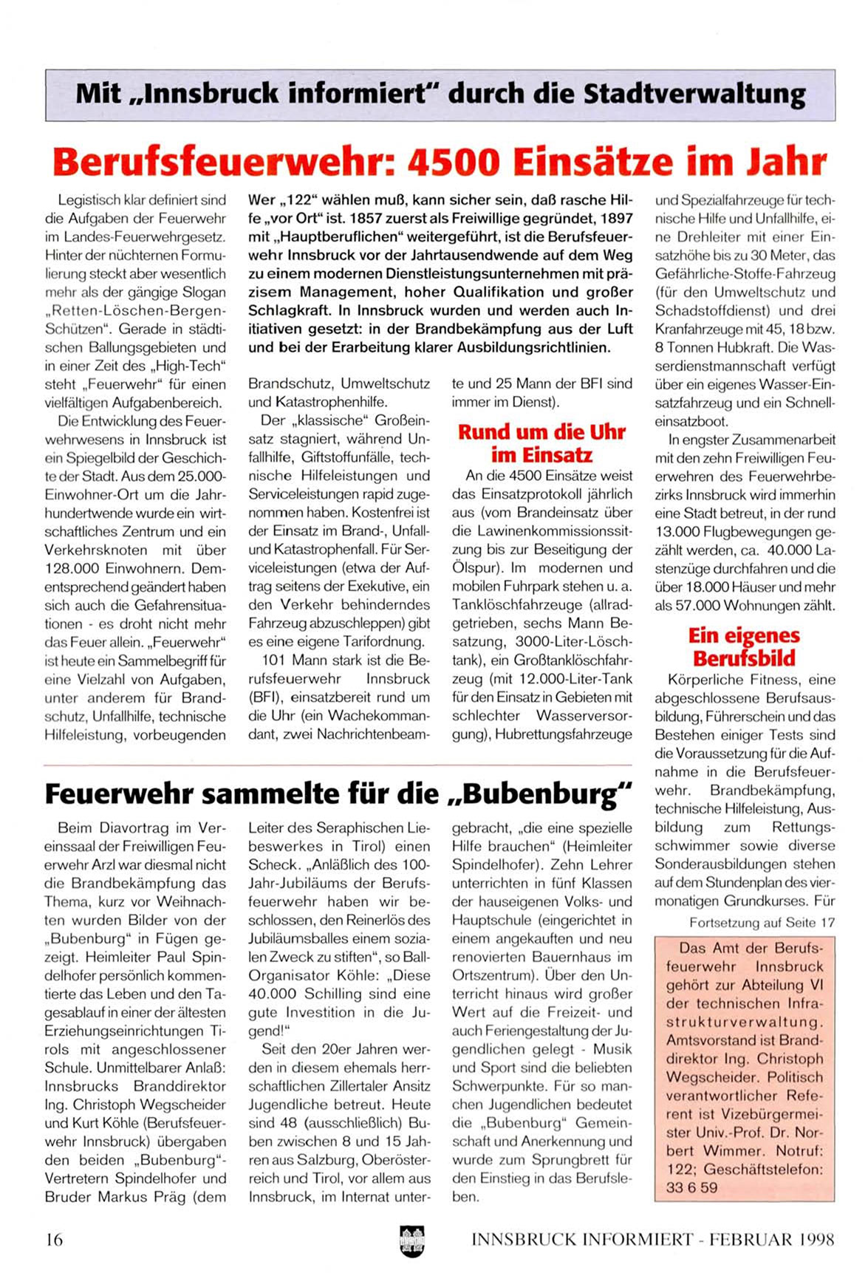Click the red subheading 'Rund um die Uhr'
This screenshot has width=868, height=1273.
click(541, 432)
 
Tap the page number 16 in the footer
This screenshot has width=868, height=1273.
click(54, 1239)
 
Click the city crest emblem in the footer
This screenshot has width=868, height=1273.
click(412, 1238)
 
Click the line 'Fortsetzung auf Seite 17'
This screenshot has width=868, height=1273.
click(762, 923)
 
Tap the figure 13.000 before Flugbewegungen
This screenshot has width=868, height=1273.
click(677, 532)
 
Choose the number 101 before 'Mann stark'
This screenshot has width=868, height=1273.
click(273, 661)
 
